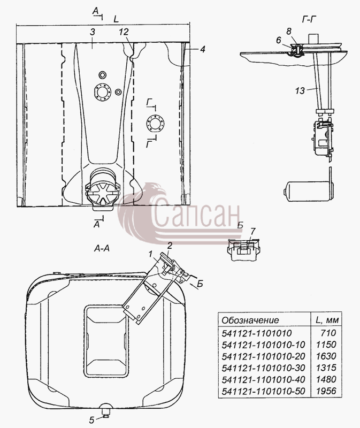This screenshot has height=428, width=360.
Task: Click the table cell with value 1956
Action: click(326, 391)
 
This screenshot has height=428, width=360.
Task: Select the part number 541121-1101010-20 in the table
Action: click(263, 356)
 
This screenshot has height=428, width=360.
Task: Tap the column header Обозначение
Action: click(250, 320)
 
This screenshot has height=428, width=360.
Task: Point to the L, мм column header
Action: click(327, 320)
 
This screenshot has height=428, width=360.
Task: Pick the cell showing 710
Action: click(328, 333)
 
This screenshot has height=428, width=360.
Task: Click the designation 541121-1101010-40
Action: click(263, 379)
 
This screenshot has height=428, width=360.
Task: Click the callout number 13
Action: click(300, 90)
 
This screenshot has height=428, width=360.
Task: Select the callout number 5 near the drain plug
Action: click(91, 420)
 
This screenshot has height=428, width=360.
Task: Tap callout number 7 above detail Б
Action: click(252, 232)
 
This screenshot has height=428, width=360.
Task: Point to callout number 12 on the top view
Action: click(124, 32)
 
